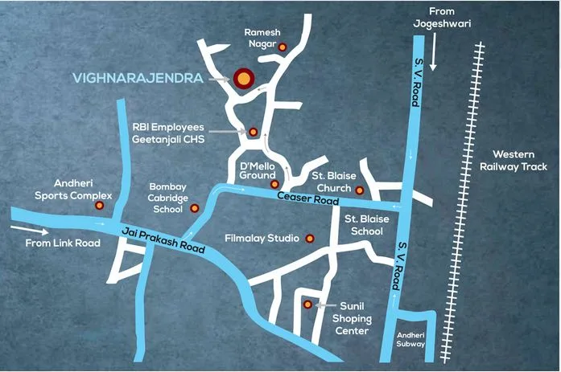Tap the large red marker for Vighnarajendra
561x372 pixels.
[241, 78]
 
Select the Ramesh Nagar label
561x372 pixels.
[262, 38]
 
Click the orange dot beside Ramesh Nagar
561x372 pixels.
[283, 48]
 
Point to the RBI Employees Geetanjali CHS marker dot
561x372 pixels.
[253, 132]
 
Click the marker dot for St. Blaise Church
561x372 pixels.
[360, 190]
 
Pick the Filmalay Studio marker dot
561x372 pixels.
[308, 239]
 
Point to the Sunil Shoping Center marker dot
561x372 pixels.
[307, 305]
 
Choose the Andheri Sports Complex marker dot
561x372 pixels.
[99, 206]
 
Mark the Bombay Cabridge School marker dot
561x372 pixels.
[194, 208]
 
